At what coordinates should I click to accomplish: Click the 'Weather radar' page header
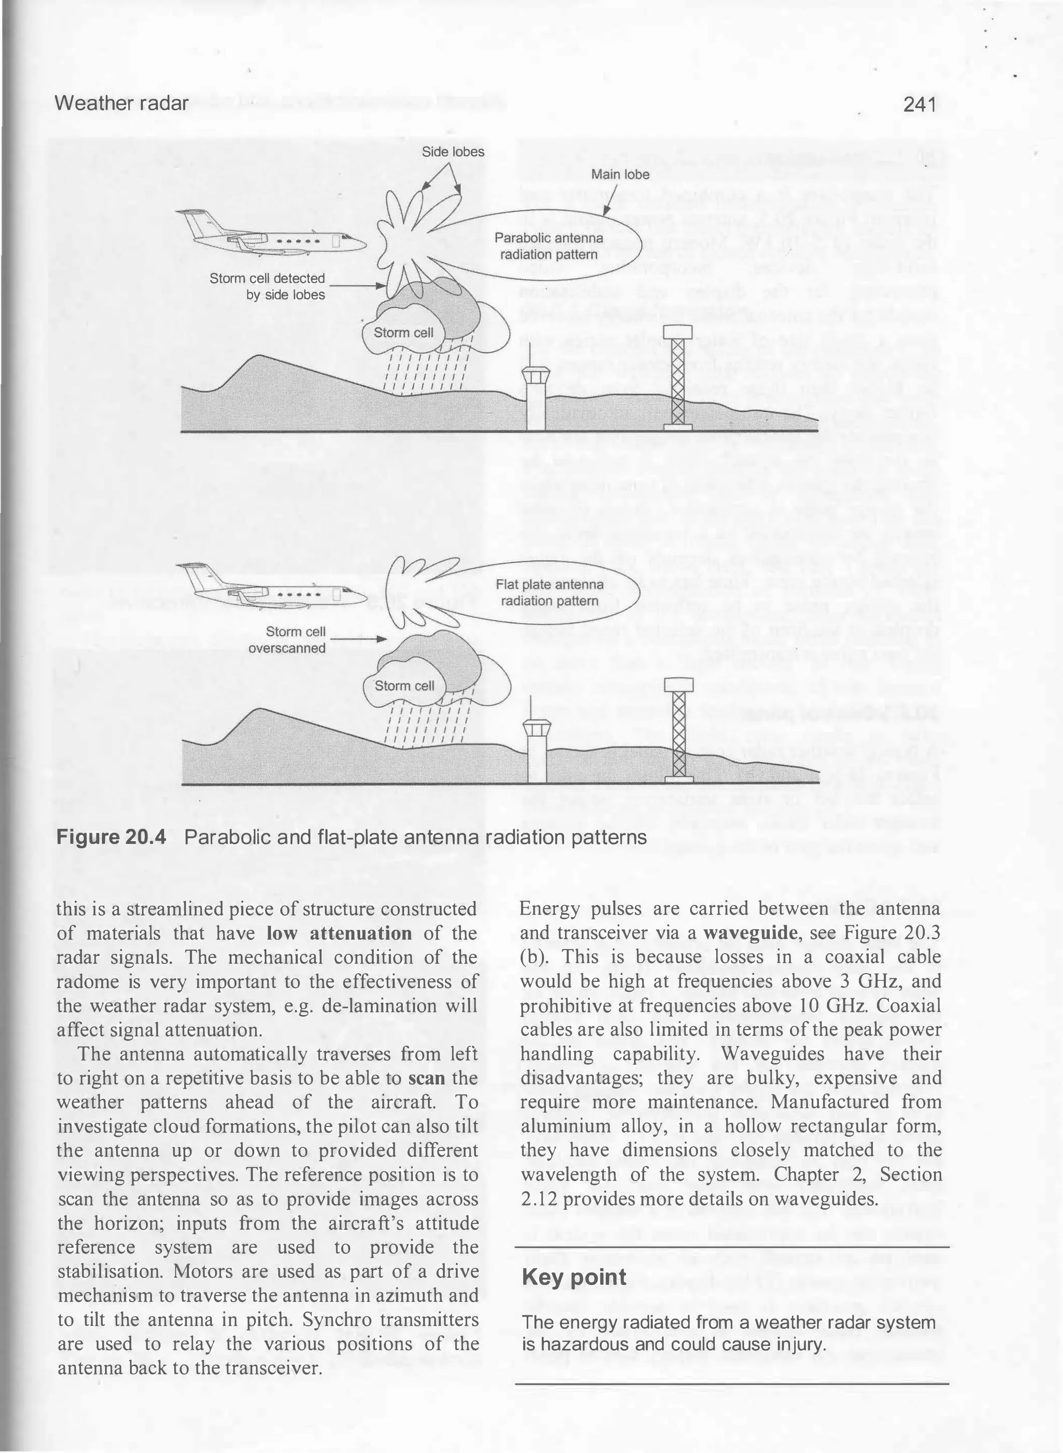point(122,103)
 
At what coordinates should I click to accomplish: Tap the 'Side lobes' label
point(453,153)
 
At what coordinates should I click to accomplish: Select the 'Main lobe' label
point(620,174)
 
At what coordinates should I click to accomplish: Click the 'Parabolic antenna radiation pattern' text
point(549,247)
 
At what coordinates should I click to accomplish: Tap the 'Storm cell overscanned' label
point(288,639)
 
